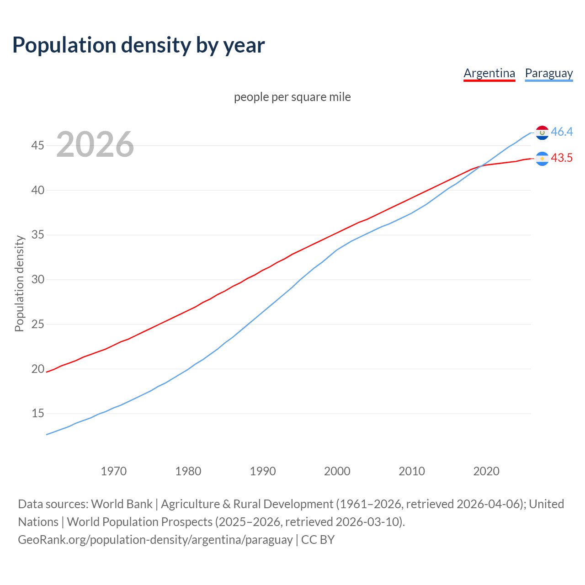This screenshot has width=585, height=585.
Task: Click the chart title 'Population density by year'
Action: coord(138,45)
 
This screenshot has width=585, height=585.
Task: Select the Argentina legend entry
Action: coord(489,73)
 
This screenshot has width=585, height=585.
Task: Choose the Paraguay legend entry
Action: coord(548,73)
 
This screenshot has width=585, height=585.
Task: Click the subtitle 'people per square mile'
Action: coord(292,97)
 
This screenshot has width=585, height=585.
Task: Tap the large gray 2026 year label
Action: coord(95,144)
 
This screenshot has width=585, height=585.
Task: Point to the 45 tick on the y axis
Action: coord(37,146)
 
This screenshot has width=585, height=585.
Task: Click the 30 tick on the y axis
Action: coord(37,279)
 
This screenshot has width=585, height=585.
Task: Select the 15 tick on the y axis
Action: coord(37,414)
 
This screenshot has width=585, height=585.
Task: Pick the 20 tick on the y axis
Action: coord(37,369)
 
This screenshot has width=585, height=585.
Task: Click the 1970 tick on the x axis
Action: coord(113,471)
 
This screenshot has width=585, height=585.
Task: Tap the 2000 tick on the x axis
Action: coord(337,471)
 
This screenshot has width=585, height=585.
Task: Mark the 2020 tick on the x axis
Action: coord(486,471)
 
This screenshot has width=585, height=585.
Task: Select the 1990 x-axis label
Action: coord(263,471)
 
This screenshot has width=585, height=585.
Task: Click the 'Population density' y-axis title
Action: coord(19,283)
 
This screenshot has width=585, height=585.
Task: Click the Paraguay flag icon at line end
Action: coord(542,133)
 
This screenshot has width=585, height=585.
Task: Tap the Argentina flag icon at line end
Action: coord(542,159)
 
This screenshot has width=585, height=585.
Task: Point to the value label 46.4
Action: coord(562,132)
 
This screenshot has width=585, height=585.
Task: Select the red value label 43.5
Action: coord(562,158)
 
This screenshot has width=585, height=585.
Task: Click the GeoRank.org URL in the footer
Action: coord(155,540)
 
